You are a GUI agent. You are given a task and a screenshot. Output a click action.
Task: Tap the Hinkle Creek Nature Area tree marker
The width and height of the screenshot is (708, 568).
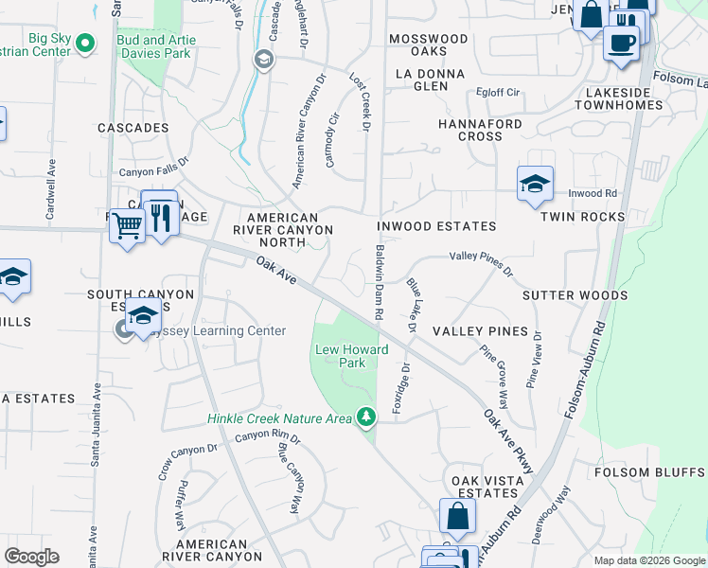(x=366, y=417)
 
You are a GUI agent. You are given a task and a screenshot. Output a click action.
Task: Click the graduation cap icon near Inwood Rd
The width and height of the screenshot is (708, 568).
(x=535, y=185)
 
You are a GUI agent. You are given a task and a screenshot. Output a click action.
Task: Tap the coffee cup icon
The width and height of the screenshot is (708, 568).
(x=621, y=44)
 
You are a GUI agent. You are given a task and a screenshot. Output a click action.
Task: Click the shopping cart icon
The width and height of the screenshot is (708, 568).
(x=126, y=226)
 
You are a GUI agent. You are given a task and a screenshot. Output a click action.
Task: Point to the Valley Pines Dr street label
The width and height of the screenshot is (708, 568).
(x=481, y=262)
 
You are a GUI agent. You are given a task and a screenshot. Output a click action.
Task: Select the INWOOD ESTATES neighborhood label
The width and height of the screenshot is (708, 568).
(x=436, y=227)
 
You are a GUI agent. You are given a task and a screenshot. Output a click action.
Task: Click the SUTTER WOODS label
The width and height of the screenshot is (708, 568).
(x=575, y=295)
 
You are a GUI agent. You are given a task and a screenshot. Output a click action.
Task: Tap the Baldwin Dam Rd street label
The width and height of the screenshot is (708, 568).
(x=379, y=281)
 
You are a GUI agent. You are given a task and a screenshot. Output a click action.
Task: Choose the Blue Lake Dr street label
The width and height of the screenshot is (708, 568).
(x=412, y=305)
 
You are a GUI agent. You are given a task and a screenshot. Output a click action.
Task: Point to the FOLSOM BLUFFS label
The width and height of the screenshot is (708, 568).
(x=649, y=472)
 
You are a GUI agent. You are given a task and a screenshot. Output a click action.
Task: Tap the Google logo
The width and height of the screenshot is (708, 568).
(x=31, y=557)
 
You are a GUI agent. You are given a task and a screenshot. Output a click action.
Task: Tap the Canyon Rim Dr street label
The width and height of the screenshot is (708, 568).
(x=267, y=437)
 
